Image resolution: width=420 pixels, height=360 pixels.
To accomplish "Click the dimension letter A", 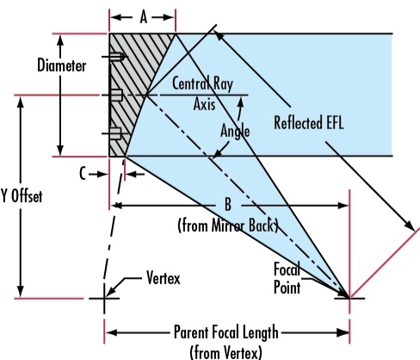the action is point(144,17).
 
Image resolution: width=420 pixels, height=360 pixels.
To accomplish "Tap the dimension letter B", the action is point(228,205).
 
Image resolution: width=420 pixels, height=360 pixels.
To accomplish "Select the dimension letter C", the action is point(83,174).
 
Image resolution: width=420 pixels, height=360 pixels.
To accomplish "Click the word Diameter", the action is point(62,65).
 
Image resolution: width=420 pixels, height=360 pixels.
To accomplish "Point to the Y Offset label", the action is point(22,196).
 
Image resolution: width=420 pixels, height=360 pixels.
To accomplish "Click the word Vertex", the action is point(164,278).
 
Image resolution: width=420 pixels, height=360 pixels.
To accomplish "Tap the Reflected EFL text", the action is point(309,123).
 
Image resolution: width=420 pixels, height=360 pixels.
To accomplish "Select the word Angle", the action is point(235,132).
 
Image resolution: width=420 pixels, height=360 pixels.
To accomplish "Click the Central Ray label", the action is point(202,84).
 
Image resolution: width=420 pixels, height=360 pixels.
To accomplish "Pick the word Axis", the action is point(204,104).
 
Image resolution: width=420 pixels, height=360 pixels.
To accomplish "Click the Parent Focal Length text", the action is point(226,332).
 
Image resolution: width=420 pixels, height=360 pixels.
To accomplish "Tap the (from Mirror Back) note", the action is point(228,226).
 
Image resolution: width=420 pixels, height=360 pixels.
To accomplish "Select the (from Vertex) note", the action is point(226,352).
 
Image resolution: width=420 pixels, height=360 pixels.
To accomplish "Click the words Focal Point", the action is point(287,278).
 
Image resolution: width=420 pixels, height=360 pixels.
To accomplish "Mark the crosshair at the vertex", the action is point(104,299).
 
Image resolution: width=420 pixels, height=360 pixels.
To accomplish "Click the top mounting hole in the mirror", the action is point(117,57).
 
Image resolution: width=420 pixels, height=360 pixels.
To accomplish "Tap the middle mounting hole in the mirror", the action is point(116,95).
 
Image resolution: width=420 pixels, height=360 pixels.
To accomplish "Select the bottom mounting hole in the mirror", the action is point(115,133).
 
